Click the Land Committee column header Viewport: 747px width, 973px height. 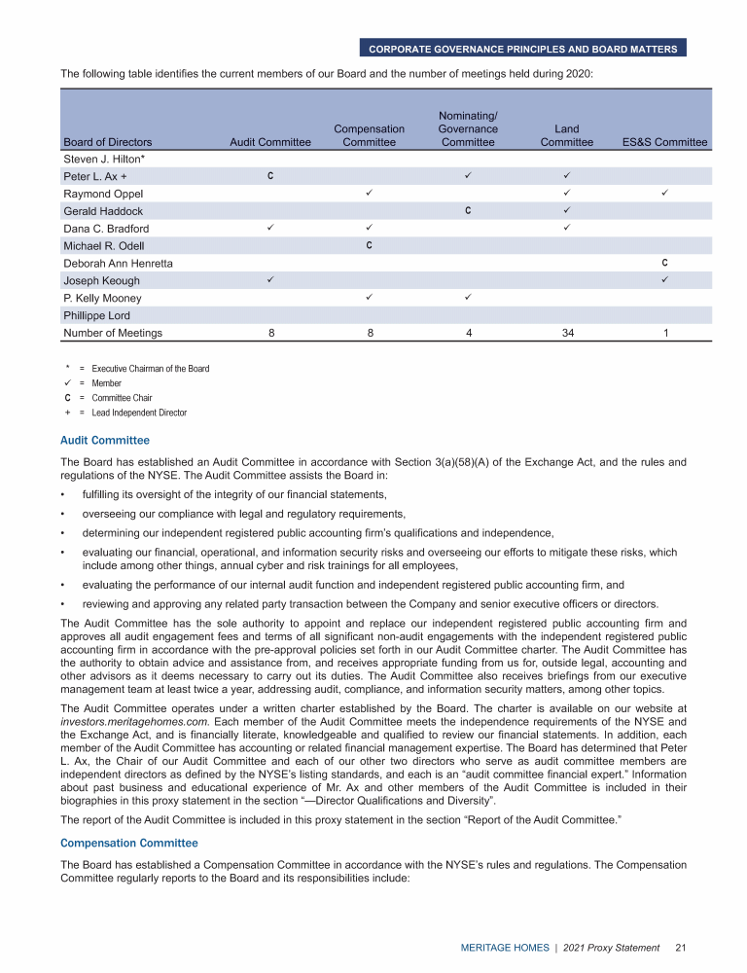[x=566, y=135]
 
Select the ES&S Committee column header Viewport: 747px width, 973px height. [x=664, y=142]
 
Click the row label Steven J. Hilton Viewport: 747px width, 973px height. [x=103, y=159]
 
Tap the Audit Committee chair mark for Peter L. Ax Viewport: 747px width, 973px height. [x=270, y=175]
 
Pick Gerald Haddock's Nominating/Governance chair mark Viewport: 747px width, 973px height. [x=468, y=210]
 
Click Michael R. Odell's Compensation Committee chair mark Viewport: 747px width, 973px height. [x=369, y=245]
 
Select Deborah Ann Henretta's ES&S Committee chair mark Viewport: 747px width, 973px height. [x=664, y=263]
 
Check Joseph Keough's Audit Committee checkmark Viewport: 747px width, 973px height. [x=270, y=280]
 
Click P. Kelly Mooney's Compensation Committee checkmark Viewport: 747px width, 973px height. [x=369, y=298]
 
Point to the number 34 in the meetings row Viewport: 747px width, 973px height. [x=566, y=333]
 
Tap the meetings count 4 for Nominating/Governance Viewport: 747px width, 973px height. [x=468, y=333]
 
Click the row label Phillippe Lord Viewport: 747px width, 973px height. [x=96, y=315]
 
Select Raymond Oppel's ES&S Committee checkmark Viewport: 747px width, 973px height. [x=664, y=193]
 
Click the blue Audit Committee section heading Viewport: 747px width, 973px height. [x=105, y=441]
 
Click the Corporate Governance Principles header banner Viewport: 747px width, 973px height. [x=522, y=48]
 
